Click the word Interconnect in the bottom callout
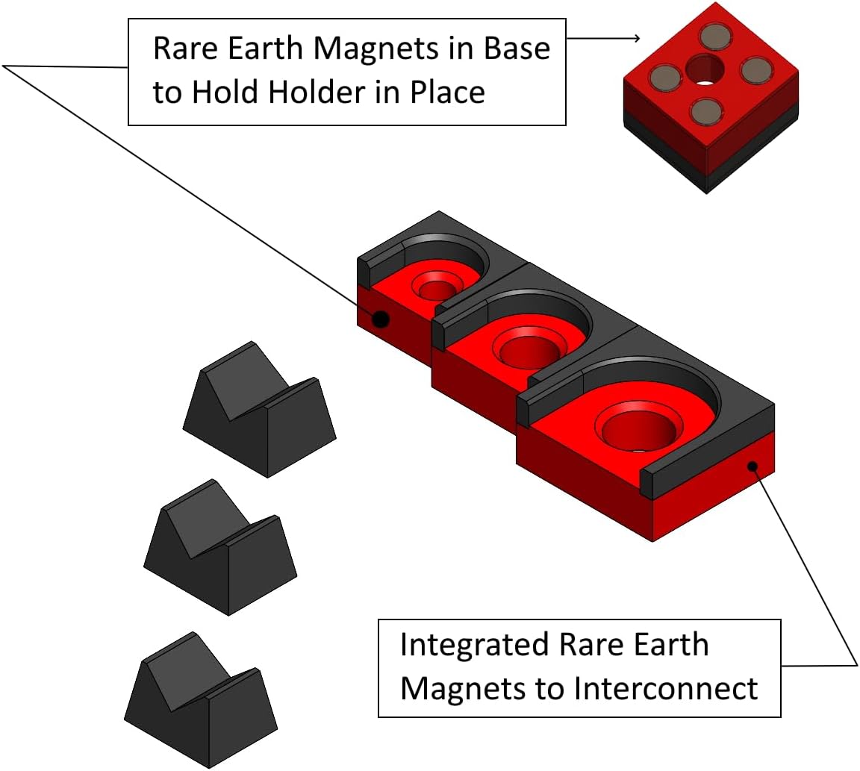pos(666,688)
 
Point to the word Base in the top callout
pos(515,49)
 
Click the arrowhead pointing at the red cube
pos(636,38)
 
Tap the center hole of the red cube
pos(705,70)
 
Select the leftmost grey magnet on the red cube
pos(664,76)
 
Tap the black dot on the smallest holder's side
pos(381,319)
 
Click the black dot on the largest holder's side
pos(753,466)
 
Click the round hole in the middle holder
pos(529,348)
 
